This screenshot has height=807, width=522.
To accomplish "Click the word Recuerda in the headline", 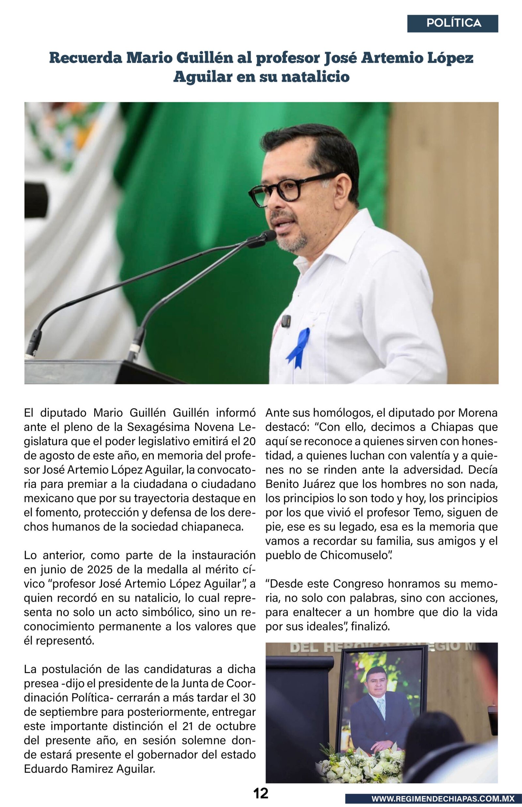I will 85,58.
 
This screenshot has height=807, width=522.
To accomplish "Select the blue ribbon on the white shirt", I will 299,347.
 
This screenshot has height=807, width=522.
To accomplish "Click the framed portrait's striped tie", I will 382,707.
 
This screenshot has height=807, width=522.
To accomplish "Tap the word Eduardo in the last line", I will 46,769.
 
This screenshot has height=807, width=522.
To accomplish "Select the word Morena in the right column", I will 478,413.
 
